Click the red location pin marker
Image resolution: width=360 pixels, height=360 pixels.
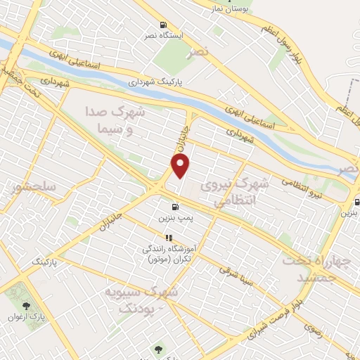point(181,167)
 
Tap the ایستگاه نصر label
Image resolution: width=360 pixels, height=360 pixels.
point(162,35)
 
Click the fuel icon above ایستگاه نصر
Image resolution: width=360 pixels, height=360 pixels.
point(163,23)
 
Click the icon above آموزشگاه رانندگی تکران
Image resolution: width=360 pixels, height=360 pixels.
point(168,238)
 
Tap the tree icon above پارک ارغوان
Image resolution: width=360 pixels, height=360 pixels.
point(27,305)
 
